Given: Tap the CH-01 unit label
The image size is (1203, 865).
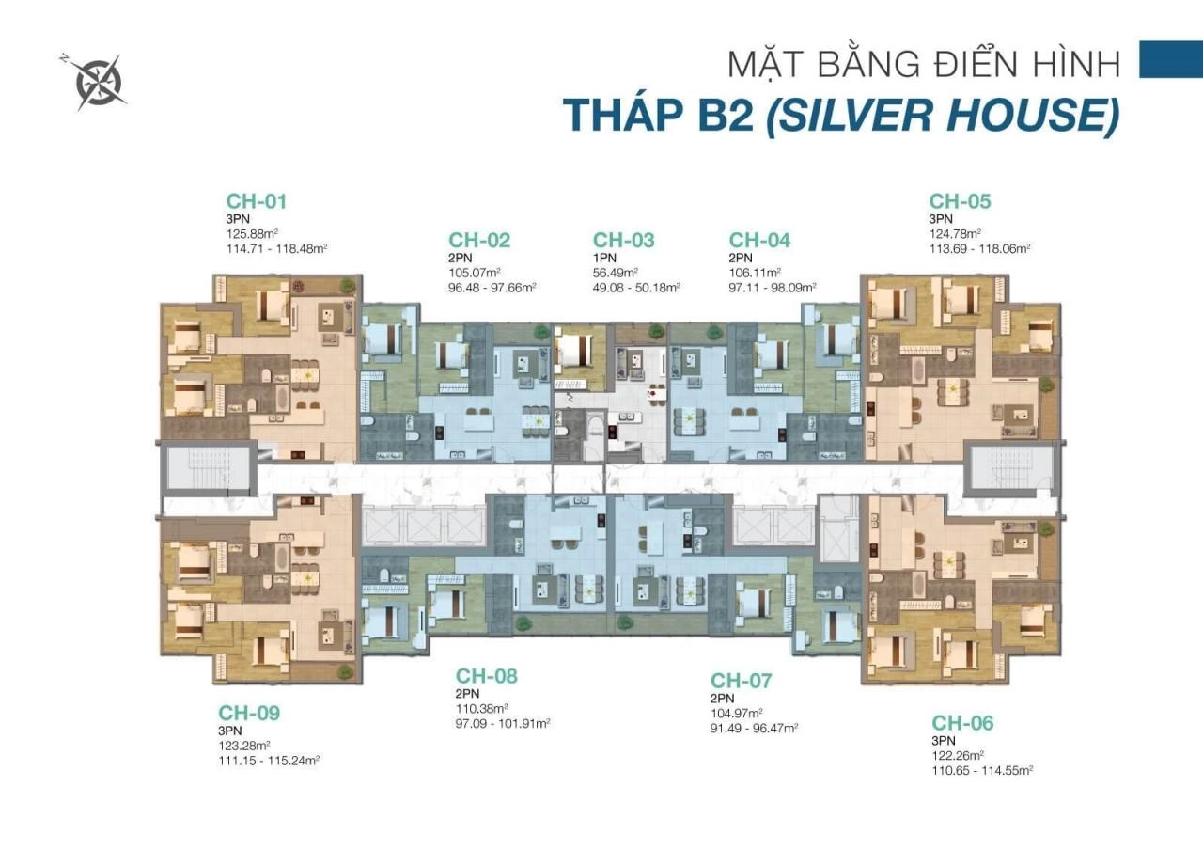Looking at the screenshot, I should pos(256,201).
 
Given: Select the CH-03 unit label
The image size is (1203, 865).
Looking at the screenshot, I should pos(623,241).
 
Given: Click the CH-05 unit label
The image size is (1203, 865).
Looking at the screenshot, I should pos(960,201).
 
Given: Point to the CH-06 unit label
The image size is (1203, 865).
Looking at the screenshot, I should pos(962,723).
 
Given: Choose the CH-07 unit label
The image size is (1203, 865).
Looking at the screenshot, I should pos(741,681).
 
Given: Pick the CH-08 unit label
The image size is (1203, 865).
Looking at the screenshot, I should pos(486,676).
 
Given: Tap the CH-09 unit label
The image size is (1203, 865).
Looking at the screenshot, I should pos(249,713).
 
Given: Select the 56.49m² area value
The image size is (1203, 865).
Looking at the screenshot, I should pos(616,273).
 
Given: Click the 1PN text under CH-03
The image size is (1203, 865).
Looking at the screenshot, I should pos(604,258).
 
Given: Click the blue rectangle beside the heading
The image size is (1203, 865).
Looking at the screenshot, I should pos(1170,58).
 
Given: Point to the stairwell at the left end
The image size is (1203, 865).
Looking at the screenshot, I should pos(208,468).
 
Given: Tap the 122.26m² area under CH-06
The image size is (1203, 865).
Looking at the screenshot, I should pos(958,755).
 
